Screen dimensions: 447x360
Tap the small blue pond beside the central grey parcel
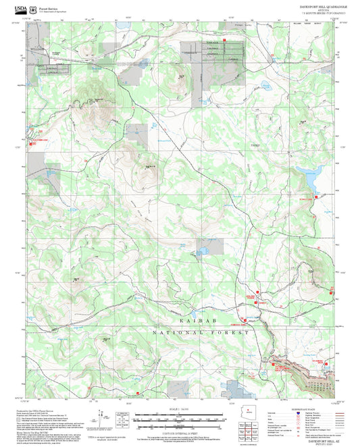[x=200, y=254]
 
